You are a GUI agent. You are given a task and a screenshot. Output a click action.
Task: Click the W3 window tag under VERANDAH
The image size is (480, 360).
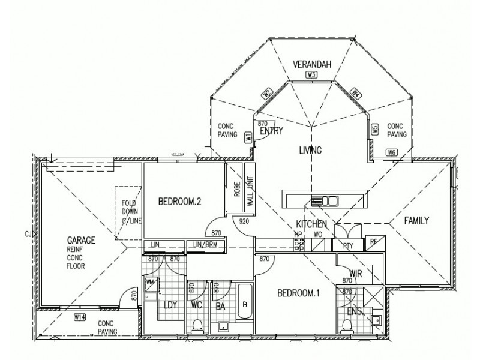311,75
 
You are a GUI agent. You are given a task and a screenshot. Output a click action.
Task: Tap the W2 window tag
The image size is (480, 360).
267,93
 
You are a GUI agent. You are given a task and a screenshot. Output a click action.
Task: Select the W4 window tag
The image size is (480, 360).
356,93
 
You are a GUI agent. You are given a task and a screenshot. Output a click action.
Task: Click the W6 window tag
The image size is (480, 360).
392,152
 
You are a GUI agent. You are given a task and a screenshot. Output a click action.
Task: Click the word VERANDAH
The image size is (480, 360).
311,64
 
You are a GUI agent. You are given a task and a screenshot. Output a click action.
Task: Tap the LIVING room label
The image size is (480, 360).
311,150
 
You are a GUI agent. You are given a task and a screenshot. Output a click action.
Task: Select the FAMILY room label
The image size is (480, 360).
416,221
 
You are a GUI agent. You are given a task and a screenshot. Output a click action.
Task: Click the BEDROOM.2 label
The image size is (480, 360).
179,202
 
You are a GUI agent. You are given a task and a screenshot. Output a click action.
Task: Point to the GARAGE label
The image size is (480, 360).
82,239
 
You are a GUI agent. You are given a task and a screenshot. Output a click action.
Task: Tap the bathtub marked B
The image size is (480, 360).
244,304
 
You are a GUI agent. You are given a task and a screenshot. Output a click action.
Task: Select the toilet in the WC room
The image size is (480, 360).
197,325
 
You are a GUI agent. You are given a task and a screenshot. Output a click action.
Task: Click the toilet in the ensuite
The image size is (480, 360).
346,326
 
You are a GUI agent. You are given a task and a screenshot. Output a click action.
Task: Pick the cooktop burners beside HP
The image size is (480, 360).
298,244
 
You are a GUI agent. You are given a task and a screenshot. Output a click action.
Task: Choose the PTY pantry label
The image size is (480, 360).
347,245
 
